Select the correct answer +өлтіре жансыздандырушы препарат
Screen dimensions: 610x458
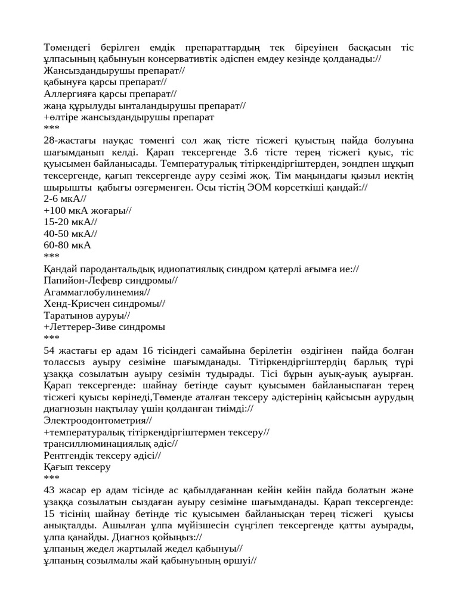pos(129,117)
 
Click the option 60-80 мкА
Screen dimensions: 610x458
pos(67,245)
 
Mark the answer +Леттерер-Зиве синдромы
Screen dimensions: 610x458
pos(104,327)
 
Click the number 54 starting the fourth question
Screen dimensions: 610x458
pos(49,350)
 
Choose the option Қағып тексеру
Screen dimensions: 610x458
pos(77,467)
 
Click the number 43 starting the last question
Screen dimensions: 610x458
pos(49,490)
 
